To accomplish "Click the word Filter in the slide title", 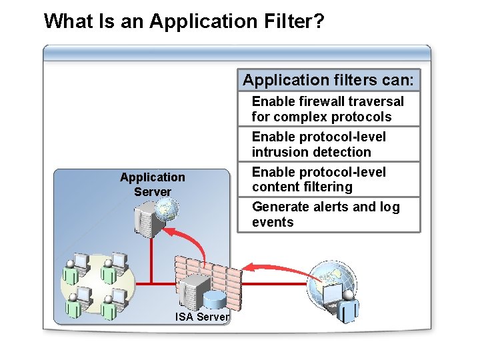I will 281,21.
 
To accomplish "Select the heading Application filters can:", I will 328,80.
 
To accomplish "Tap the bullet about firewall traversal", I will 327,109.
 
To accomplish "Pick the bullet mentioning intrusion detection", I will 318,144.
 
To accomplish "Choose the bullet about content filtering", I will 318,179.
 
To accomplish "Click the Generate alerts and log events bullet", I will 325,215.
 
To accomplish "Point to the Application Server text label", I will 152,185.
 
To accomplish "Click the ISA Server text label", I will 202,317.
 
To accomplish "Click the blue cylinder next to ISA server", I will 215,301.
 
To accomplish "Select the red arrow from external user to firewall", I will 277,269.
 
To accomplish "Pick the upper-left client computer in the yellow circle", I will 80,265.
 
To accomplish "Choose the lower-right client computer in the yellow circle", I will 117,300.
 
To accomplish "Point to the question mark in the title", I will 319,21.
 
